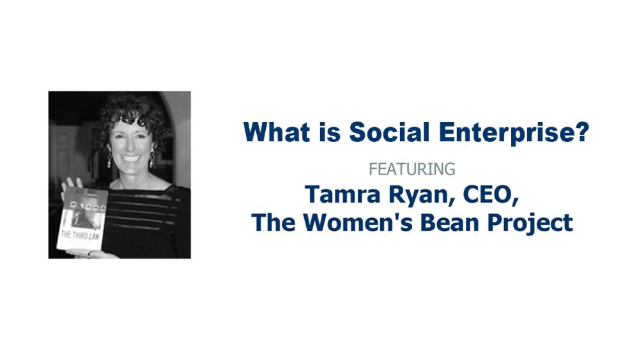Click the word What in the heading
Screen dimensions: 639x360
coord(276,132)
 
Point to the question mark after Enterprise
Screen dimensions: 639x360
coord(581,132)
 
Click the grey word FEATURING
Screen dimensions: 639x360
coord(412,169)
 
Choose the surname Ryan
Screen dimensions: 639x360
coord(422,196)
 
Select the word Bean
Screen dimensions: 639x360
coord(449,223)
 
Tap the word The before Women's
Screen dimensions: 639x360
coord(273,223)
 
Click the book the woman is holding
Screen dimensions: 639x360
coord(82,219)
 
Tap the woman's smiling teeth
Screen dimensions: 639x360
coord(130,157)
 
